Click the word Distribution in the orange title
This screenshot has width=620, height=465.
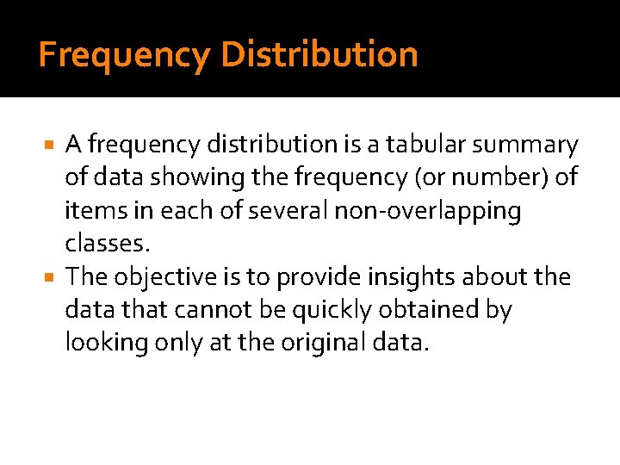(x=319, y=54)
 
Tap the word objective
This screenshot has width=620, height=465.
(x=167, y=277)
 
